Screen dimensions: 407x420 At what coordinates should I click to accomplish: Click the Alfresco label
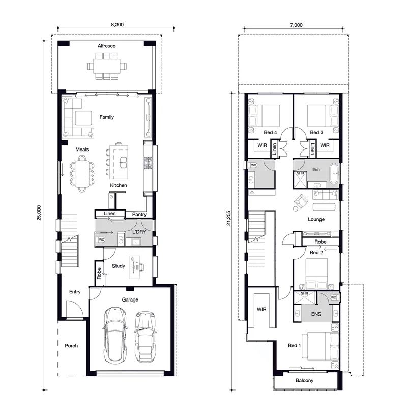point(107,46)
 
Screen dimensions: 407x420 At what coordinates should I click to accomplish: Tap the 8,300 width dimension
point(118,25)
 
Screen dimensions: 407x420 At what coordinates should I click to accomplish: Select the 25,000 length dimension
point(39,213)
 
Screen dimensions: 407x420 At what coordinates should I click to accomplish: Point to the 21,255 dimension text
point(228,218)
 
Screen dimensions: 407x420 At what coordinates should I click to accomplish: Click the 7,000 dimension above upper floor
point(296,25)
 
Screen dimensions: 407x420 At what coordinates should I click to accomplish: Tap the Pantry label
point(139,214)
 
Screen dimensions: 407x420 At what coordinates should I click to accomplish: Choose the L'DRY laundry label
point(139,232)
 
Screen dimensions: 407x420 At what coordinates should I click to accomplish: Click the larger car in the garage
point(114,335)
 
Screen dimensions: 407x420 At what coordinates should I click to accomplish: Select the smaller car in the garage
point(146,337)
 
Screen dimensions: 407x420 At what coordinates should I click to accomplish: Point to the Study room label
point(119,266)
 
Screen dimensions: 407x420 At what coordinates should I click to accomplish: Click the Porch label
point(71,346)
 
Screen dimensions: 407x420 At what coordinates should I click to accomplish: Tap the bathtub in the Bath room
point(334,173)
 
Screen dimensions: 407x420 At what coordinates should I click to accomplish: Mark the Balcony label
point(304,381)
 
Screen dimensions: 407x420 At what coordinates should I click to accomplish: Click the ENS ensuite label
point(316,314)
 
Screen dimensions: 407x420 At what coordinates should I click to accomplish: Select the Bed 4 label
point(270,132)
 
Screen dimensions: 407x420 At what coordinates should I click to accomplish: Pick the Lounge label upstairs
point(316,219)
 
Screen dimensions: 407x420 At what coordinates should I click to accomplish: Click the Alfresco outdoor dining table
point(107,66)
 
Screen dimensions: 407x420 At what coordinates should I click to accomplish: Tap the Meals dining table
point(82,174)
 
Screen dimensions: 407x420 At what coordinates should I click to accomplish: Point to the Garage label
point(130,299)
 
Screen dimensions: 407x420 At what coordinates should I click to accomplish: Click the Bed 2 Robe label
point(320,242)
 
